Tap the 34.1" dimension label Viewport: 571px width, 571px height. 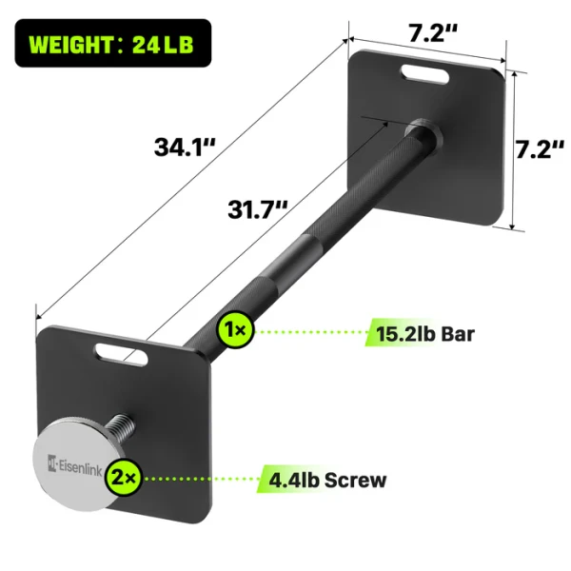186,148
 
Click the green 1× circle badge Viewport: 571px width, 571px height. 234,330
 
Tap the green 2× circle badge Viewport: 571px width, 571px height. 124,476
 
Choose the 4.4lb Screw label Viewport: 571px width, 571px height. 323,479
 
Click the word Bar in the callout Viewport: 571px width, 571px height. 456,333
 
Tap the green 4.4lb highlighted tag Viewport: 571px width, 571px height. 289,479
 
